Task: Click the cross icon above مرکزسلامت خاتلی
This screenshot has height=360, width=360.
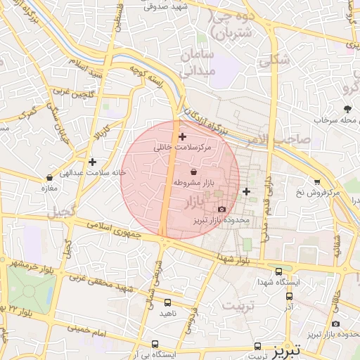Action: pos(183,136)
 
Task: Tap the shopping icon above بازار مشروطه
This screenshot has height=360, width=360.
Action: pos(194,172)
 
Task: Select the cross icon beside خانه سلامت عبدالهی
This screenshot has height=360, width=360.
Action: pos(92,162)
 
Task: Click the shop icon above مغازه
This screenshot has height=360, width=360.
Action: pos(49,178)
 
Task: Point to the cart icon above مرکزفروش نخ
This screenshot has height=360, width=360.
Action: pos(318,181)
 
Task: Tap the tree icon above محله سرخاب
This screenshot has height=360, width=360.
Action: pos(347,108)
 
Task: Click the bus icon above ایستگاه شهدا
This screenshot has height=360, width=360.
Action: pos(279,271)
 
